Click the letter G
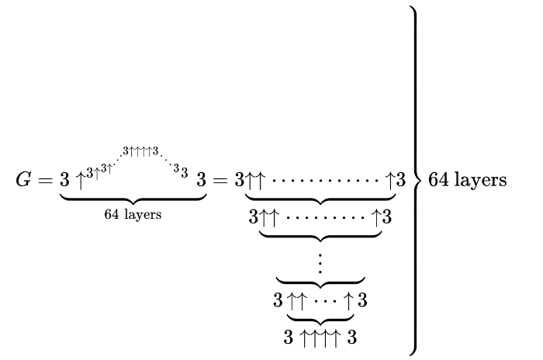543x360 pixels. (x=24, y=181)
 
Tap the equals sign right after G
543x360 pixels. (x=45, y=182)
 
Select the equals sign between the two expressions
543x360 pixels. (x=221, y=182)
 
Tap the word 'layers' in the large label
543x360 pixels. (x=480, y=181)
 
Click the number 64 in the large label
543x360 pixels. (x=439, y=181)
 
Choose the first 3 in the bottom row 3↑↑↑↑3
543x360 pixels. (x=289, y=338)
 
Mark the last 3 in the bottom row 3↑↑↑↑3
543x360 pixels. (x=352, y=338)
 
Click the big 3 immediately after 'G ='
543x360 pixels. (x=65, y=182)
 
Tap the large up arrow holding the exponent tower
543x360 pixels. (x=80, y=182)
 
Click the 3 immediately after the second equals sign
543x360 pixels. (x=240, y=182)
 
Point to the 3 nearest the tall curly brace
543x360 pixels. (x=400, y=182)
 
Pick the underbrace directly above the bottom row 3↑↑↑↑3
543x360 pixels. (x=320, y=319)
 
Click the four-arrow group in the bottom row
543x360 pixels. (x=320, y=338)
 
